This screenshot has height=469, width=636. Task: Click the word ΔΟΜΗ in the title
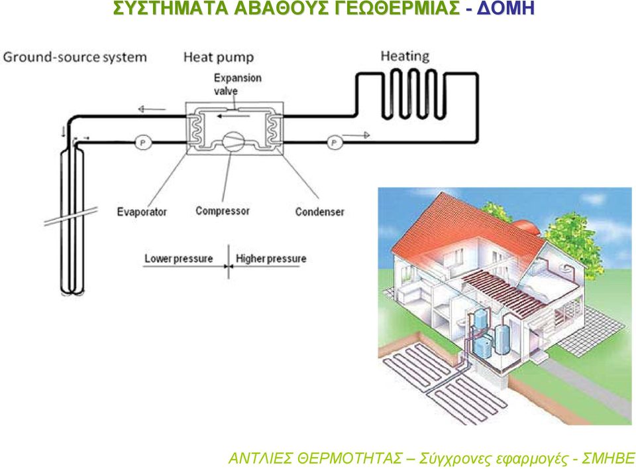tap(505, 8)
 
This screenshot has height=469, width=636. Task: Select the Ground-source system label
tap(75, 57)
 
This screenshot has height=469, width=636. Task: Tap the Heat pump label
tap(219, 57)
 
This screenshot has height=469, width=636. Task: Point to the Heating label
tap(405, 56)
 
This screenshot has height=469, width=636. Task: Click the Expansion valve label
tap(238, 84)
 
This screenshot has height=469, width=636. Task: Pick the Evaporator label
tap(142, 212)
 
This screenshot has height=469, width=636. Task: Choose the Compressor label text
tap(223, 211)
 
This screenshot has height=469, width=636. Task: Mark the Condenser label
tap(319, 212)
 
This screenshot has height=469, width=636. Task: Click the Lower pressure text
tap(179, 259)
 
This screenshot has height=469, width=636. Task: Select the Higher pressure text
tap(271, 259)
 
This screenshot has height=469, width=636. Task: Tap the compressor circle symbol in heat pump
tap(233, 142)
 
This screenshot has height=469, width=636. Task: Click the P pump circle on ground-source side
tap(142, 143)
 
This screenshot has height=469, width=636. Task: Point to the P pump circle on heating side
tap(334, 143)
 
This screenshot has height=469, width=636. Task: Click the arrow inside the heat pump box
tap(233, 116)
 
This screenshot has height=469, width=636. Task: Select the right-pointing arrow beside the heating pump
tap(356, 135)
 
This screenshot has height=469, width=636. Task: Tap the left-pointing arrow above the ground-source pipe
tap(152, 109)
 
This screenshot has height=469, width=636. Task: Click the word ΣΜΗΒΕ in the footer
tap(608, 458)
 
